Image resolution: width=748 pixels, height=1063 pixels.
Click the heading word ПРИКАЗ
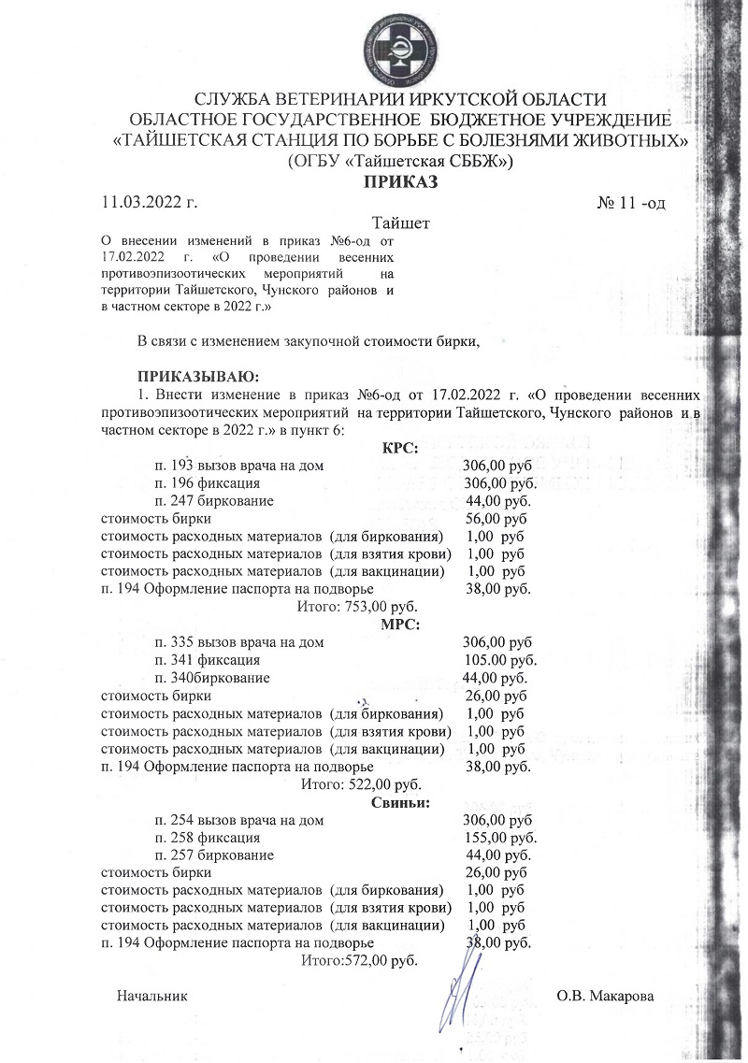[401, 183]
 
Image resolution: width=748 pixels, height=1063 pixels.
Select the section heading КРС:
[399, 449]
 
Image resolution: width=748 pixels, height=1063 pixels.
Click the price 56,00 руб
[496, 519]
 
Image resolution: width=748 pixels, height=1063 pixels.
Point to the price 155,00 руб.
[500, 838]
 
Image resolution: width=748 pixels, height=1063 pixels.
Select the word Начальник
[152, 997]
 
